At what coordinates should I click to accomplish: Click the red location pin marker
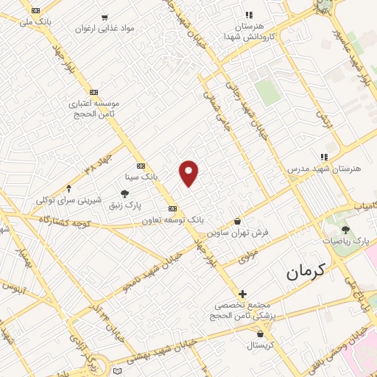coord(189,173)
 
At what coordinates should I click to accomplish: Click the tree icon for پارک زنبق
coord(134,194)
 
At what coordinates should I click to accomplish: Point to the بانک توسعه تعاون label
coord(174,219)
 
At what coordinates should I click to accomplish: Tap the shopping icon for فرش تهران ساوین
coord(237,220)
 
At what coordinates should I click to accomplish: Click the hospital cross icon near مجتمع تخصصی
coord(242,294)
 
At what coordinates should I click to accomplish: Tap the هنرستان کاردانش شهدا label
coord(248,30)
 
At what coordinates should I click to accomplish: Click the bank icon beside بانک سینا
coord(141,166)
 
